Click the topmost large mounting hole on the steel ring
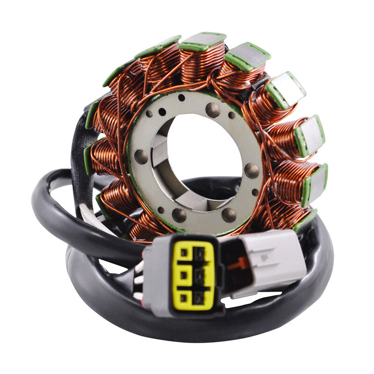pyautogui.click(x=213, y=110)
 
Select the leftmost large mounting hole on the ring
pyautogui.click(x=141, y=157)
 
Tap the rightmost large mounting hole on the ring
pyautogui.click(x=252, y=171)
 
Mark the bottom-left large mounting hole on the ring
pyautogui.click(x=179, y=215)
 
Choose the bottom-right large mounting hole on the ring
pyautogui.click(x=229, y=215)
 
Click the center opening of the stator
pyautogui.click(x=196, y=154)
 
